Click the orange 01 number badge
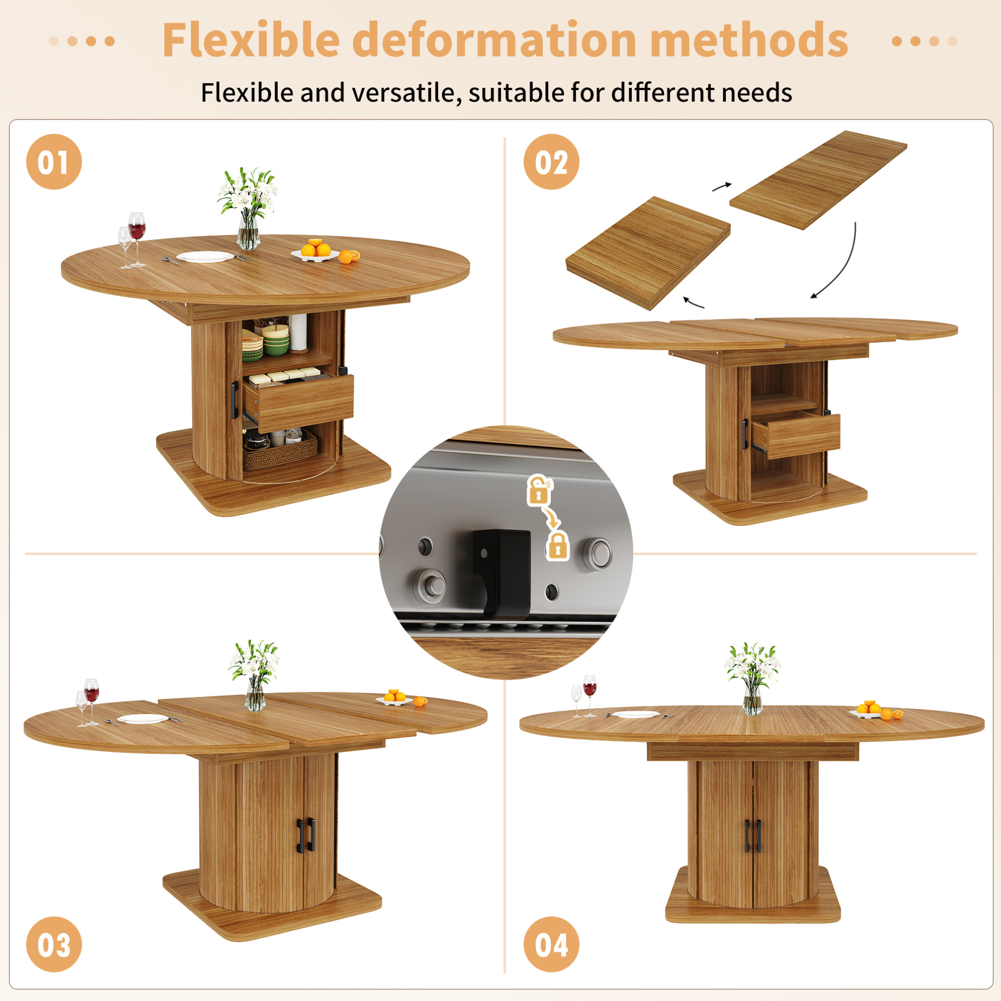(54, 162)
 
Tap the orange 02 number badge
(551, 162)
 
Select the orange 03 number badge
(54, 944)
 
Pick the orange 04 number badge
(551, 944)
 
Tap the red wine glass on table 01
(137, 239)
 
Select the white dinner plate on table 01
(205, 257)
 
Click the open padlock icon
(539, 490)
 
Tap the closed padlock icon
(557, 546)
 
